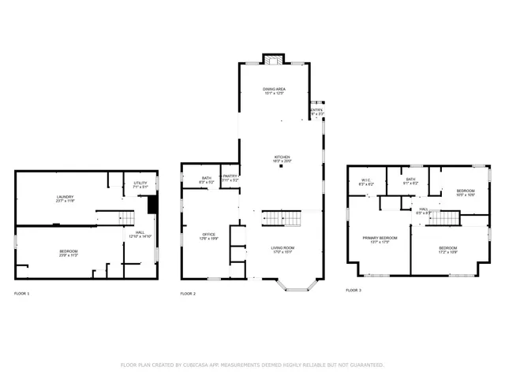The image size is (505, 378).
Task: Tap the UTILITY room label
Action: [x=140, y=184]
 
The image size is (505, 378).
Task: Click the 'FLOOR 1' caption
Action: [x=22, y=294]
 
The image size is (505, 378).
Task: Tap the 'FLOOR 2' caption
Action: [x=188, y=294]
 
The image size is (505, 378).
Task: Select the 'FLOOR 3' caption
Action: [x=353, y=291]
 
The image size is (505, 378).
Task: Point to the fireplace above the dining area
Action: [x=274, y=59]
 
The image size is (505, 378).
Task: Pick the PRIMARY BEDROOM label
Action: [x=380, y=239]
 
